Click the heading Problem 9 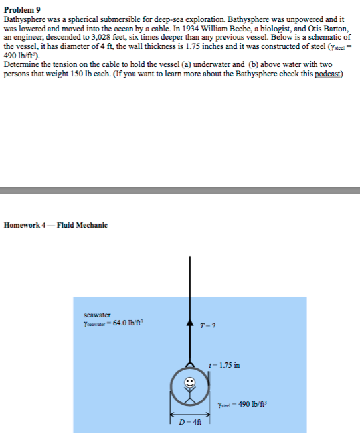21,6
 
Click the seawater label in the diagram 97,314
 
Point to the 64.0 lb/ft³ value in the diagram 126,323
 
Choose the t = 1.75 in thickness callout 224,365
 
